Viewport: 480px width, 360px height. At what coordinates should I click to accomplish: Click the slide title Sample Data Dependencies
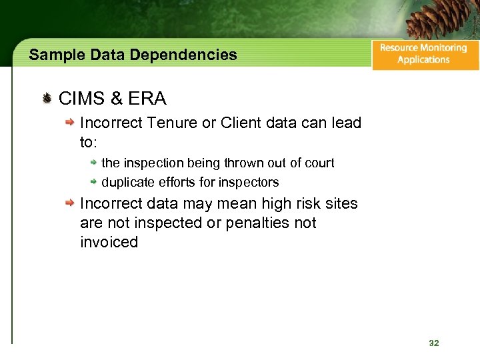[x=133, y=55]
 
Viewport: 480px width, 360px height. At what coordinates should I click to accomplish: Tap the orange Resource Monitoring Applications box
[x=425, y=53]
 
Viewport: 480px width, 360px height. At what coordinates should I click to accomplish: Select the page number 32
[x=434, y=343]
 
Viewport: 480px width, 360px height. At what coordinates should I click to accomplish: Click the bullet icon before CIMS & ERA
[x=47, y=99]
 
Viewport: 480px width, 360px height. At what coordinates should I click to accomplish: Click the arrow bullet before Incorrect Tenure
[x=69, y=123]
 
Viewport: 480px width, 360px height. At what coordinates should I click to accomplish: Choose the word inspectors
[x=250, y=182]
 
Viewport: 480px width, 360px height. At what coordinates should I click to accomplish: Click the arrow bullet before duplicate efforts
[x=94, y=182]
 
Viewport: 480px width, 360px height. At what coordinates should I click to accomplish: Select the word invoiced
[x=109, y=242]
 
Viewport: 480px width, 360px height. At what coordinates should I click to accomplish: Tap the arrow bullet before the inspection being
[x=94, y=163]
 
